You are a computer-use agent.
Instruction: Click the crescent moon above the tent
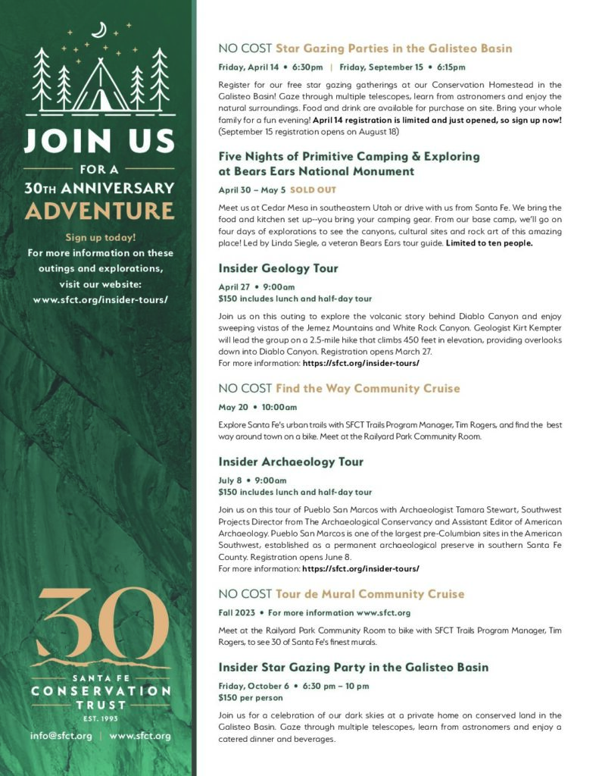coord(98,30)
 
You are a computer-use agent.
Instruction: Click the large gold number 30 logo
coord(100,624)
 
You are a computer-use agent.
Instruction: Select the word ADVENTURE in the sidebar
coord(99,210)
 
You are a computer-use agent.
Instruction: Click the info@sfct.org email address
coord(61,735)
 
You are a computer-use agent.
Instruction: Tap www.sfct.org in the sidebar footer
coord(140,735)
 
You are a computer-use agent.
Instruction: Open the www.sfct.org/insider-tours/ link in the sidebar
coord(100,299)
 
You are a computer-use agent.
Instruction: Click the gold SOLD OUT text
coord(313,189)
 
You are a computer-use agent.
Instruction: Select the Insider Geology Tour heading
coord(278,268)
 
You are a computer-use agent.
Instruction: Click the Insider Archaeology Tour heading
coord(291,462)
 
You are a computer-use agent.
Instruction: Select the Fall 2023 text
coord(237,612)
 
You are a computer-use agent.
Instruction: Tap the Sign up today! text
coord(100,237)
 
